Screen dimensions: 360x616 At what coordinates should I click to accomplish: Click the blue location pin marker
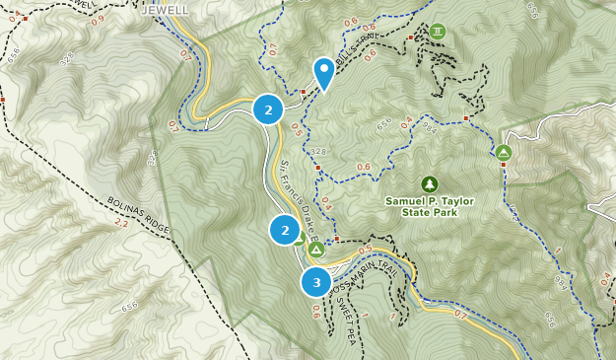[323, 72]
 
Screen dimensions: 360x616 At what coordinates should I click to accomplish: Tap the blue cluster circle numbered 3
[316, 283]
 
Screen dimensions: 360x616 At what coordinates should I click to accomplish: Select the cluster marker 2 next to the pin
[268, 109]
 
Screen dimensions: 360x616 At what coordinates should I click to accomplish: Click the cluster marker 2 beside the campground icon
[285, 230]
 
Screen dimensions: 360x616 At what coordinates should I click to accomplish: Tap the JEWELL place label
[164, 11]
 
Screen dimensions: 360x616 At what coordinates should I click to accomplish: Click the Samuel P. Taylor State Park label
[430, 206]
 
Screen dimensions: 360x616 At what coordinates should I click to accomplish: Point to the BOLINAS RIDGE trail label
[139, 211]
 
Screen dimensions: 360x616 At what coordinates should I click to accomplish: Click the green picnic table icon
[438, 32]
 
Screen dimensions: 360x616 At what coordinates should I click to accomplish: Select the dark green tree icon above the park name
[429, 183]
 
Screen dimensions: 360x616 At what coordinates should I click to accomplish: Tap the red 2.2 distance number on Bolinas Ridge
[121, 224]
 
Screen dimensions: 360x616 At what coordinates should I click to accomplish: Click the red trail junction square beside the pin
[305, 92]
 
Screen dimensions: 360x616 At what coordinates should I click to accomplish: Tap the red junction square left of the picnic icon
[411, 37]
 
